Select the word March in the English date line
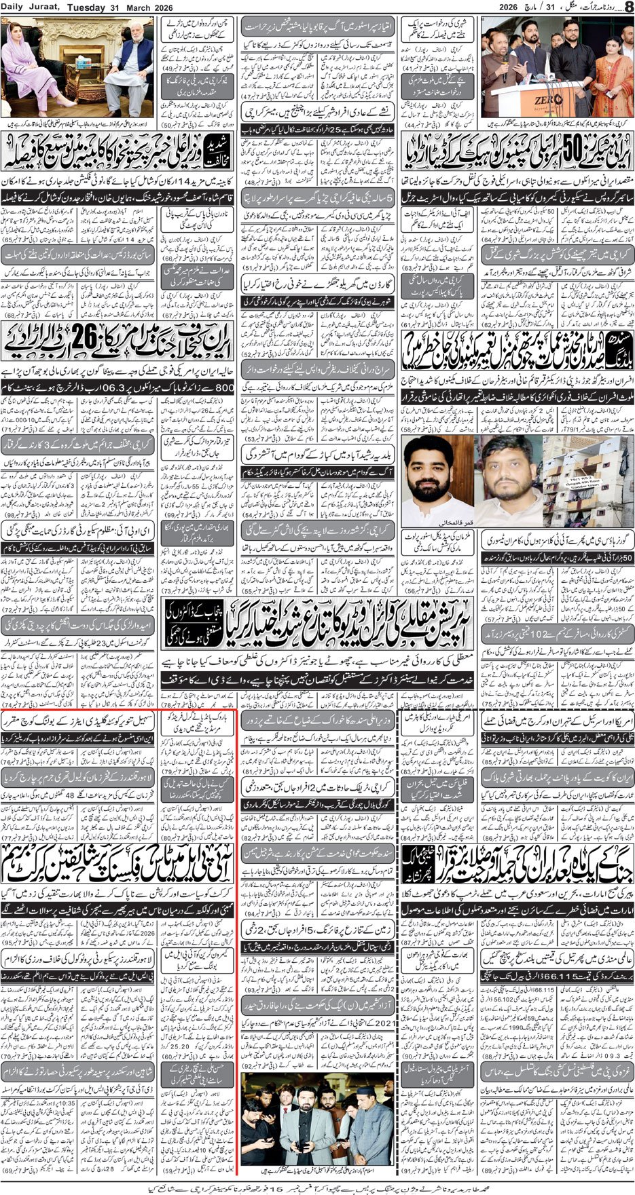click(134, 6)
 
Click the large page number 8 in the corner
click(628, 7)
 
